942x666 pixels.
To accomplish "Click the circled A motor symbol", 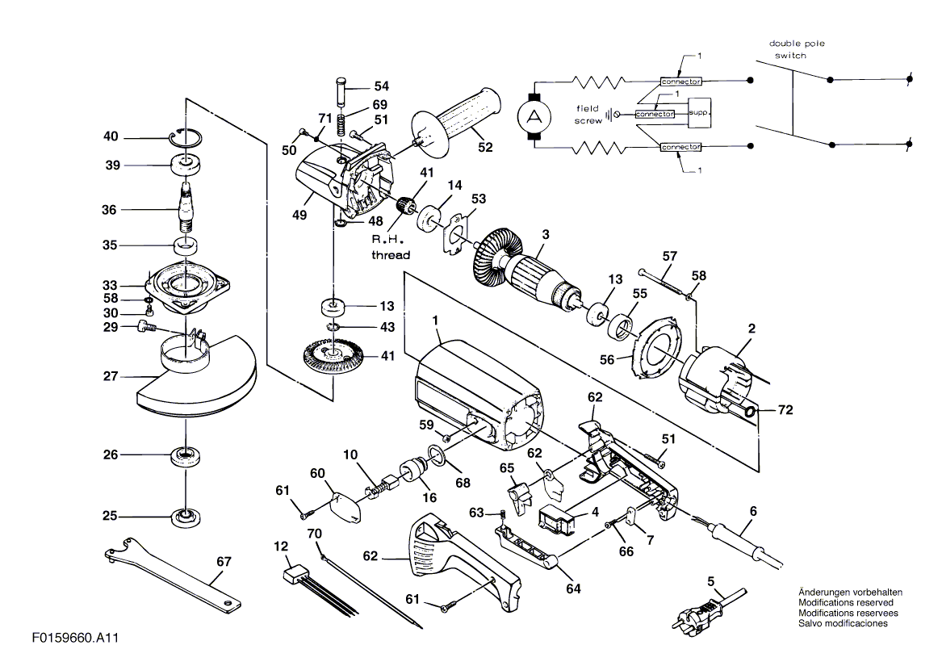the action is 534,116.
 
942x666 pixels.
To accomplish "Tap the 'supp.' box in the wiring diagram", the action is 699,113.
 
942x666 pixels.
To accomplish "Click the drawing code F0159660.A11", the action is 76,637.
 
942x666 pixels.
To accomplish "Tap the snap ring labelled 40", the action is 186,138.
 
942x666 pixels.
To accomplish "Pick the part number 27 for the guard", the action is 111,376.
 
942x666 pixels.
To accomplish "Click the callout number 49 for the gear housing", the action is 299,215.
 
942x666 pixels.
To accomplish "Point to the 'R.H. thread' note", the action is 391,247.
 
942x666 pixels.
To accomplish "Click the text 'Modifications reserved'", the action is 845,602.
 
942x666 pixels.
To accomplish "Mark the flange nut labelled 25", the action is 186,517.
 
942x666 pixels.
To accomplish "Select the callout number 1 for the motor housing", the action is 436,321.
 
